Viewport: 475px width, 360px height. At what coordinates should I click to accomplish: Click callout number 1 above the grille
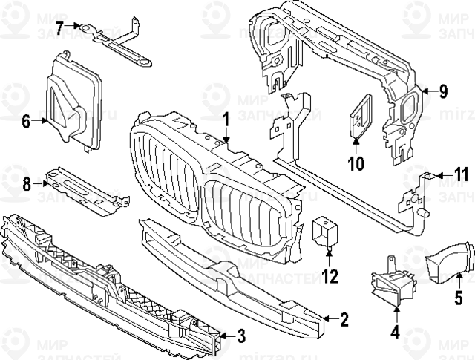pyautogui.click(x=226, y=119)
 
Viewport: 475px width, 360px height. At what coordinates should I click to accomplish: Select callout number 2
pyautogui.click(x=344, y=321)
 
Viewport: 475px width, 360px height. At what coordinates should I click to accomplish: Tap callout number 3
pyautogui.click(x=240, y=336)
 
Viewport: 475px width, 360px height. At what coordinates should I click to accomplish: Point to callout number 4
pyautogui.click(x=395, y=333)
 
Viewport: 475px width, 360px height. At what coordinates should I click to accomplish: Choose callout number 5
pyautogui.click(x=459, y=302)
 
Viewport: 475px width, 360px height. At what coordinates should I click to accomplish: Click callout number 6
pyautogui.click(x=26, y=121)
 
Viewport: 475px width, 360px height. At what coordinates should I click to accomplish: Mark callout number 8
pyautogui.click(x=26, y=183)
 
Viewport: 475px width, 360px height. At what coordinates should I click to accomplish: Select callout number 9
pyautogui.click(x=443, y=91)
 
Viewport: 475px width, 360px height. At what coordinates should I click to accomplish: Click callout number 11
pyautogui.click(x=462, y=176)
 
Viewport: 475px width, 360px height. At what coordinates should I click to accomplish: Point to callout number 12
pyautogui.click(x=330, y=277)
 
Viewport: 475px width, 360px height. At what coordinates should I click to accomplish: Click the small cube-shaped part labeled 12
pyautogui.click(x=324, y=230)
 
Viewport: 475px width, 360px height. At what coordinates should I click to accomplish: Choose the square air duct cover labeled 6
pyautogui.click(x=74, y=100)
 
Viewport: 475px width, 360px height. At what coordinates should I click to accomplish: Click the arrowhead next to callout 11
pyautogui.click(x=439, y=176)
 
